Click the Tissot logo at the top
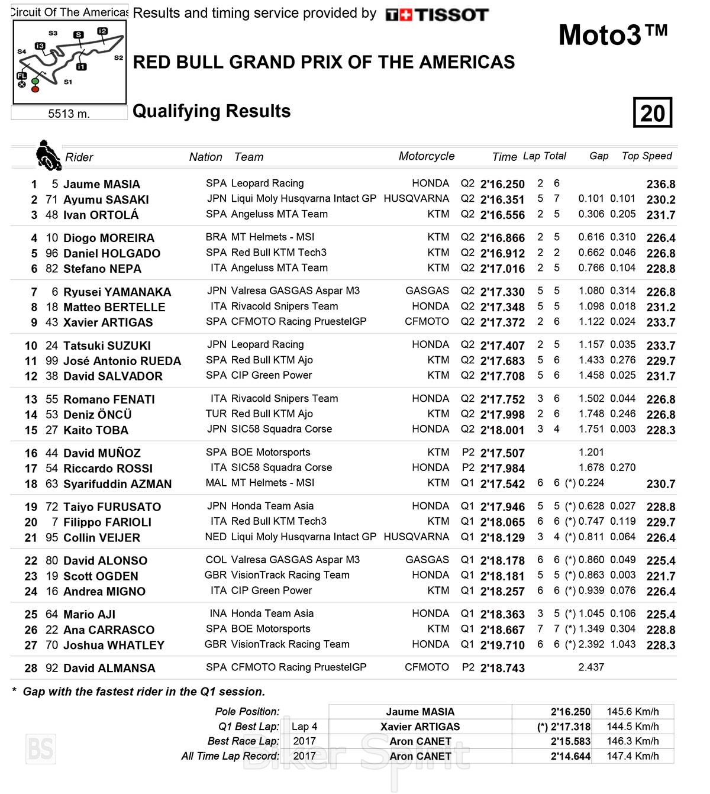tap(437, 15)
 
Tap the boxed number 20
tap(652, 112)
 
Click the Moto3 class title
tap(612, 35)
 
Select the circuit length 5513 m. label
tap(69, 114)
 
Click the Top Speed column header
tap(647, 156)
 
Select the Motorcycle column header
tap(426, 156)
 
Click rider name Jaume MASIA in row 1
tap(101, 184)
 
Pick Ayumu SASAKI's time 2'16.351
tap(502, 200)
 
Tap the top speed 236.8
tap(660, 184)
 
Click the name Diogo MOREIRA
tap(108, 238)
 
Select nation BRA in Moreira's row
tap(216, 237)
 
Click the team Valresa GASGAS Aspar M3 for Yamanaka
tap(295, 291)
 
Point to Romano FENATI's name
tap(109, 399)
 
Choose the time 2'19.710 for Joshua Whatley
tap(502, 645)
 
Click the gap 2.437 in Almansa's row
tap(591, 667)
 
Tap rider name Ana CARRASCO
tap(108, 630)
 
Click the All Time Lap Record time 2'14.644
tap(570, 756)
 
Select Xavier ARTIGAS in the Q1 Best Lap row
tap(420, 727)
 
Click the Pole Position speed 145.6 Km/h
tap(632, 712)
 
